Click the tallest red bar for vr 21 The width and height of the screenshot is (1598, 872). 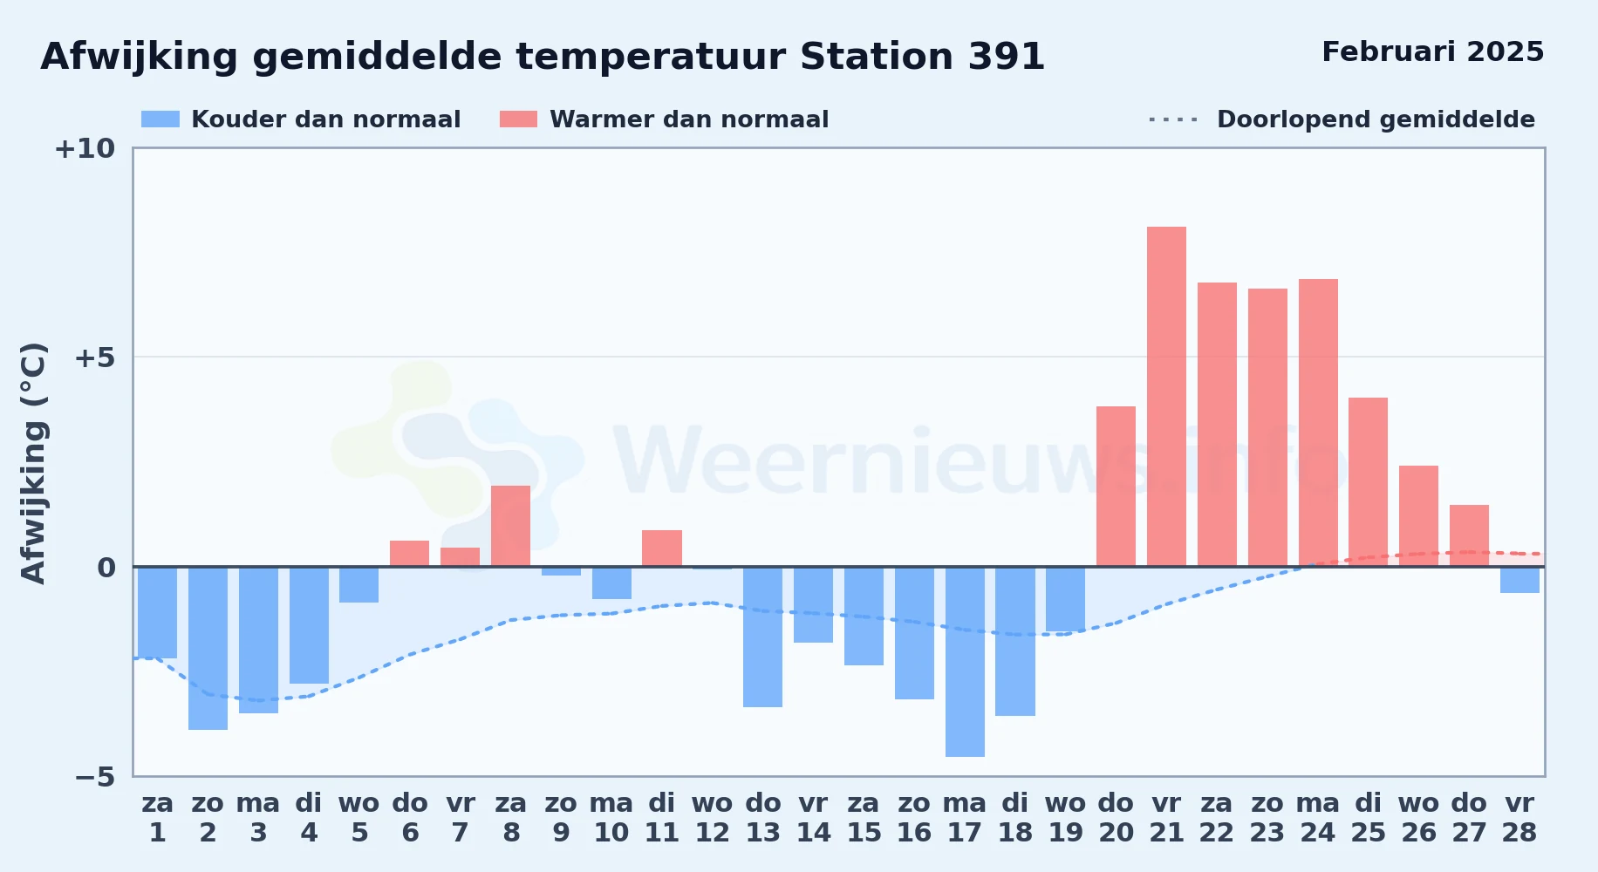[x=1166, y=397]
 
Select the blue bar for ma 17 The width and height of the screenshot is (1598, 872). [x=965, y=662]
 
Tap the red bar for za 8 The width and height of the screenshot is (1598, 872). [x=510, y=526]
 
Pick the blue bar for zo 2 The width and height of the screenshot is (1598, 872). [x=208, y=648]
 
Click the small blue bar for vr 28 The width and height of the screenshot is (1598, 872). [x=1519, y=580]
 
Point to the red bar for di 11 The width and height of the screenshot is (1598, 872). [x=662, y=548]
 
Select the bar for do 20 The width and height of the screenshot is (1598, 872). [x=1116, y=487]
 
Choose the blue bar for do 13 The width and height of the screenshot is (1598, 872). [x=762, y=637]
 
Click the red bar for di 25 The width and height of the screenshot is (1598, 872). [x=1368, y=482]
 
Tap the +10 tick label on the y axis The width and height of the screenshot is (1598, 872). [x=85, y=149]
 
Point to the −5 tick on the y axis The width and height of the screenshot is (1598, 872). [x=94, y=777]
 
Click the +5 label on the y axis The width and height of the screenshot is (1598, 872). [x=94, y=358]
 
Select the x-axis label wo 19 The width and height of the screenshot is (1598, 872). [x=1065, y=818]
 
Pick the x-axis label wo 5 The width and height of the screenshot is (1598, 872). [x=359, y=818]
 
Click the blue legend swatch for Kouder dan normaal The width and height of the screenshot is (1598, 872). [x=160, y=119]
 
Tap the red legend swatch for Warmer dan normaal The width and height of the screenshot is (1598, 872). [x=518, y=119]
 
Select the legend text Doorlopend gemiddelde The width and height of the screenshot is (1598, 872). [x=1376, y=119]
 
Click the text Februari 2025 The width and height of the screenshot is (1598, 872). [x=1432, y=51]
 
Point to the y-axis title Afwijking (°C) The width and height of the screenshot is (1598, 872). [x=33, y=463]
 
